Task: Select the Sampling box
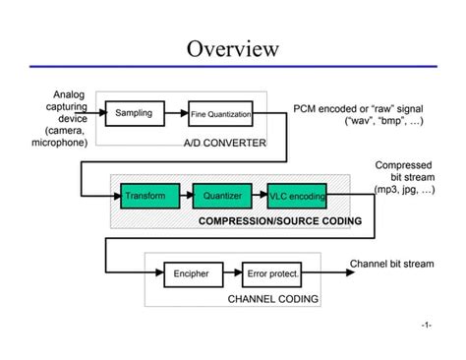pyautogui.click(x=135, y=114)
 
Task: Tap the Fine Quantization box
pyautogui.click(x=220, y=115)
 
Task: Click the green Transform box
pyautogui.click(x=146, y=196)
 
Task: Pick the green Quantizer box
pyautogui.click(x=216, y=196)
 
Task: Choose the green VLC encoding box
pyautogui.click(x=296, y=196)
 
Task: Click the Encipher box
pyautogui.click(x=192, y=273)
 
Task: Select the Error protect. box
pyautogui.click(x=272, y=273)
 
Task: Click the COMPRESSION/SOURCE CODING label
pyautogui.click(x=280, y=221)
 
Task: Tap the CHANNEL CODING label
pyautogui.click(x=272, y=298)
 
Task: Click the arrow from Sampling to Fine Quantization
pyautogui.click(x=176, y=115)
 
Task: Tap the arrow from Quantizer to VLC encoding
pyautogui.click(x=254, y=196)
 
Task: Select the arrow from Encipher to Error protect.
pyautogui.click(x=232, y=273)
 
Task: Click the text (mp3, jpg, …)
pyautogui.click(x=403, y=190)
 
